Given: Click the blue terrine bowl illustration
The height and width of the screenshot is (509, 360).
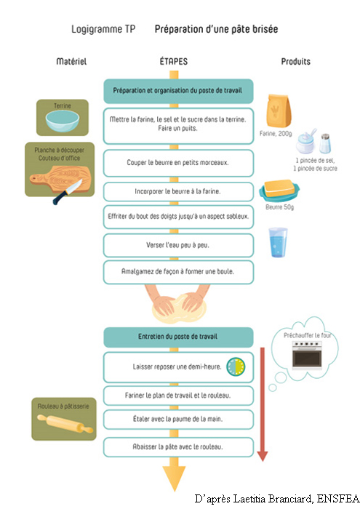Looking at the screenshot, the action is pos(63,121).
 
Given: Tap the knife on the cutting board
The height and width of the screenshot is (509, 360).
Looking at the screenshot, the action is pos(67,192).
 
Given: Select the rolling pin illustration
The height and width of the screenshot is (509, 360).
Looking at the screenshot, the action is pos(65,424).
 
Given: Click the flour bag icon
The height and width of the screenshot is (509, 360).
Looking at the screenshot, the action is pos(279,111).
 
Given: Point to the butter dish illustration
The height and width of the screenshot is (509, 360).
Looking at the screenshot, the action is pos(279,191).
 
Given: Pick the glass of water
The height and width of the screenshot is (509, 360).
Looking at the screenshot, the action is pos(279,242).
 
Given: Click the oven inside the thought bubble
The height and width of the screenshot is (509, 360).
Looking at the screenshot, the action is pos(307,355).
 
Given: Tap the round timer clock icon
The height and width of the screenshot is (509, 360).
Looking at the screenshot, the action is pos(236,366).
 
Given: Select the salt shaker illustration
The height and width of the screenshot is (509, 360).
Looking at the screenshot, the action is pos(324,143).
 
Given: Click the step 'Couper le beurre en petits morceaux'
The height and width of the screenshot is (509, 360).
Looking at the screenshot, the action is pos(178,163).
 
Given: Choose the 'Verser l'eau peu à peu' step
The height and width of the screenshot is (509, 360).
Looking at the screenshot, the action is pos(178,246).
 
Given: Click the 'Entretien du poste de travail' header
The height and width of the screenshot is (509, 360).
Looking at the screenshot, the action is pos(178,337).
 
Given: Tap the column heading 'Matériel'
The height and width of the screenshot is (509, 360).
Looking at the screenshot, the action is pos(71,61).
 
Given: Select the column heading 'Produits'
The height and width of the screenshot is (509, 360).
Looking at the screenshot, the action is pos(296,61).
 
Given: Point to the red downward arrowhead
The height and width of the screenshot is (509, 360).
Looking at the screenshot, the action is pos(263,456).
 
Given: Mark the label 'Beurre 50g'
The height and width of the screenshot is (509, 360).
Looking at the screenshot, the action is pos(280,207).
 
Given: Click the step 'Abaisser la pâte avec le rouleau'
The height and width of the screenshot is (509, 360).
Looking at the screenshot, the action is pos(178,447).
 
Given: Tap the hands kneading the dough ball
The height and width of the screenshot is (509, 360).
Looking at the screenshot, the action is pos(178,304).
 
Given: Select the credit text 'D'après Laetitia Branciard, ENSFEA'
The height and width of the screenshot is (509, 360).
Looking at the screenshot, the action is pos(277,499).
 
